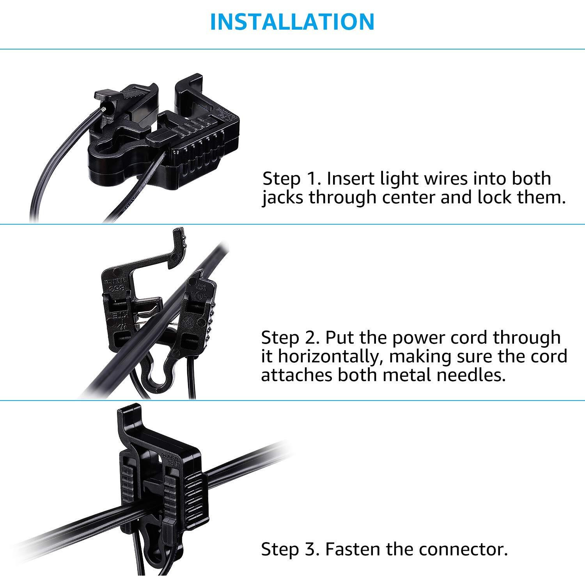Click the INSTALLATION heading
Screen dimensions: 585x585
coord(292,22)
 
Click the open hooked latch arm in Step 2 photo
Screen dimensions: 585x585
coord(164,253)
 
